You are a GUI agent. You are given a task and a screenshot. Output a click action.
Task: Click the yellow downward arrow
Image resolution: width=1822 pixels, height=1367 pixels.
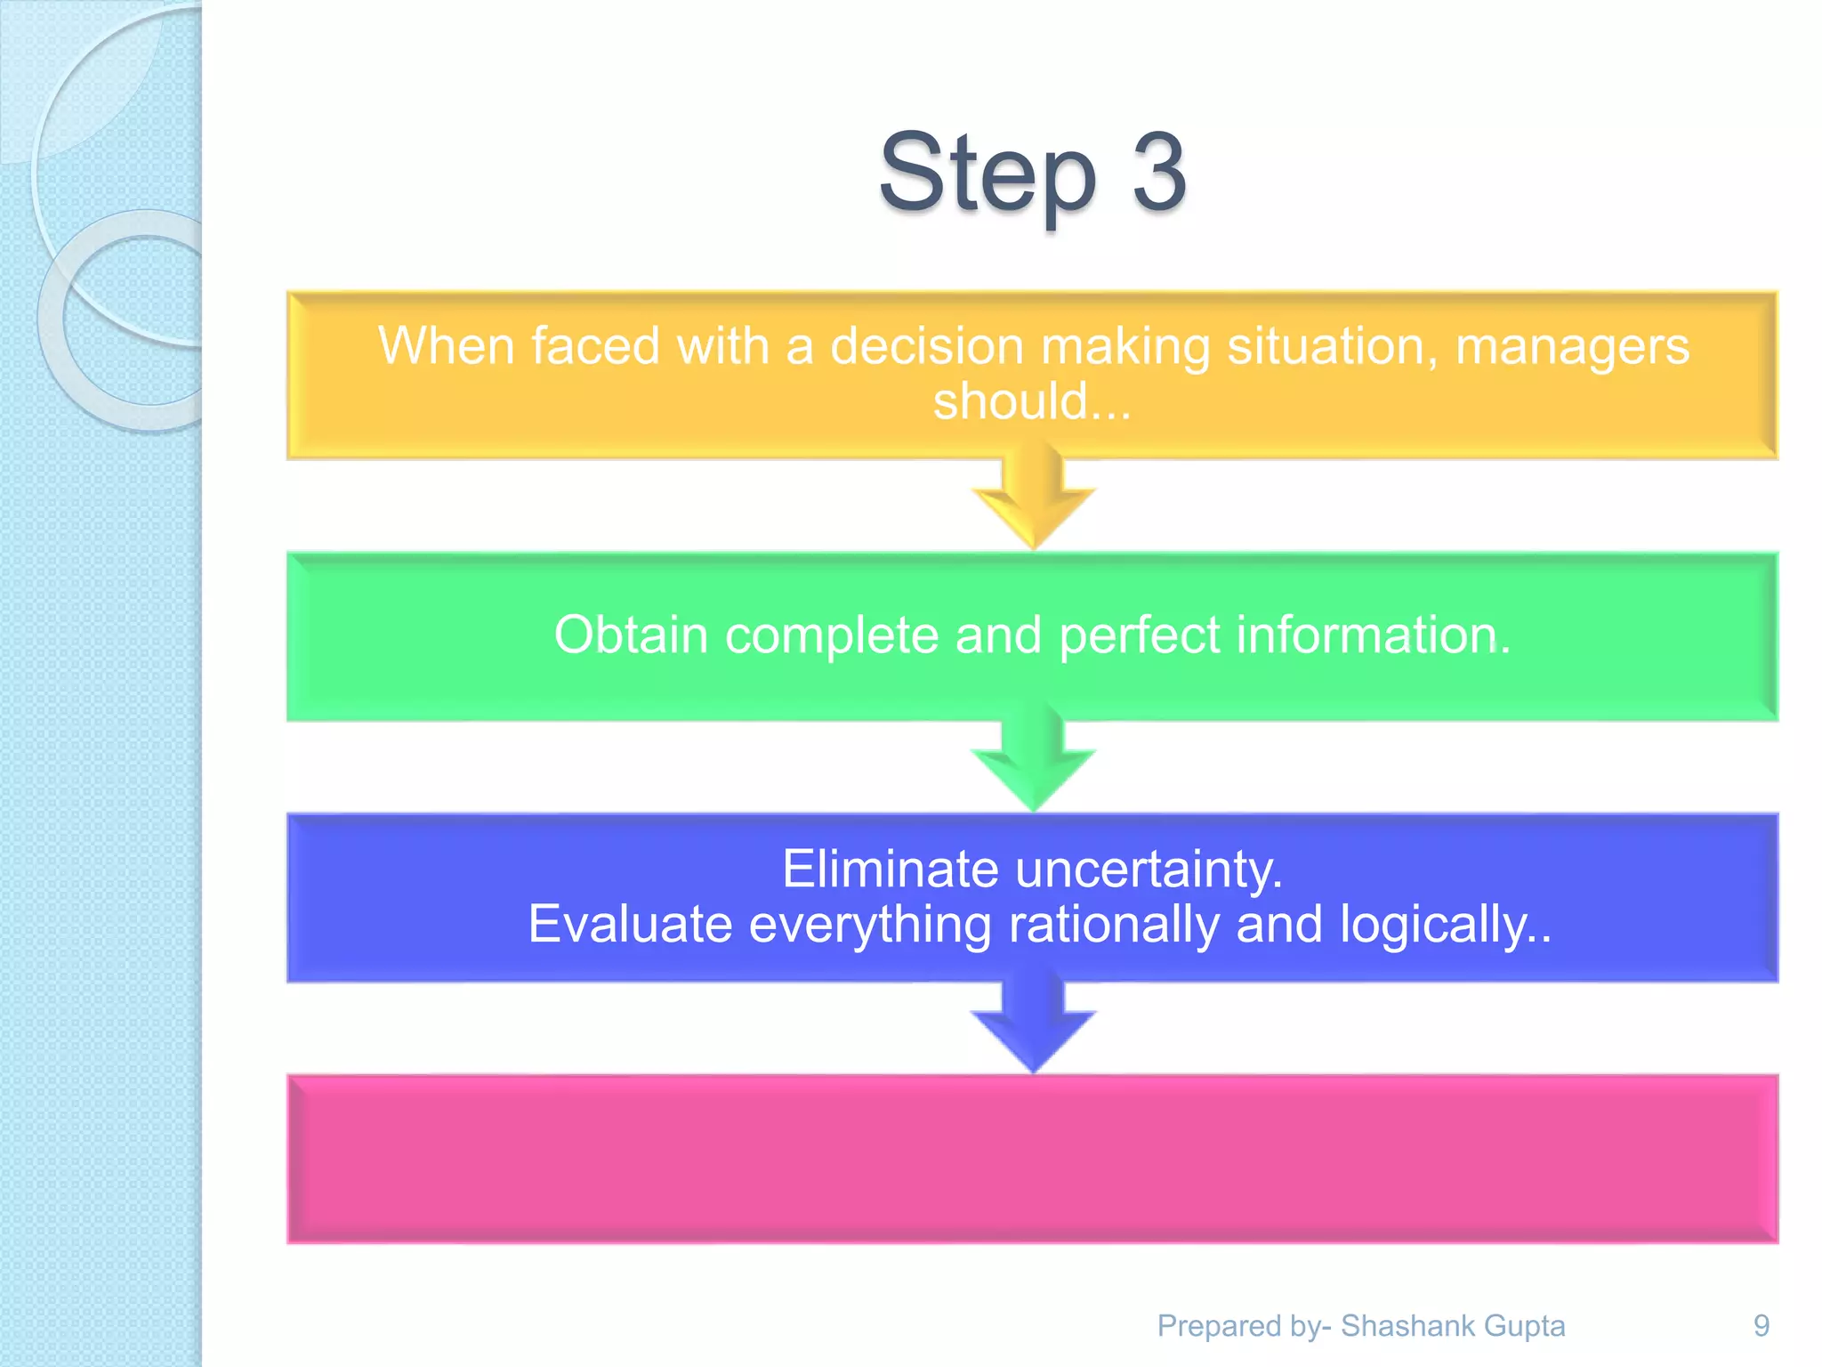(x=1033, y=504)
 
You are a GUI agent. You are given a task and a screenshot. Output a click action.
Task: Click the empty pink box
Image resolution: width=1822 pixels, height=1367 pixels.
(x=1032, y=1159)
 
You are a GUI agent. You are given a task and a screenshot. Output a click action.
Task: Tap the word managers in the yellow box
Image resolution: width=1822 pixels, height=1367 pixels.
(x=1572, y=346)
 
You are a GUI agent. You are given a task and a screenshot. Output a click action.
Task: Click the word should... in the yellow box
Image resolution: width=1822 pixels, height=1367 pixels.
(x=1032, y=401)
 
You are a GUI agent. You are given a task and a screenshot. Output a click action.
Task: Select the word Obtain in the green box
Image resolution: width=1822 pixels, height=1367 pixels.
(x=631, y=635)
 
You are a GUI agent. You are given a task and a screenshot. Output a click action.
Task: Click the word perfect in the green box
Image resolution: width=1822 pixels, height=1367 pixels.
(x=1140, y=635)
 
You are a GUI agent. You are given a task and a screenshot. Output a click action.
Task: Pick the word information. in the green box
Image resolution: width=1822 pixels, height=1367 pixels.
(x=1374, y=635)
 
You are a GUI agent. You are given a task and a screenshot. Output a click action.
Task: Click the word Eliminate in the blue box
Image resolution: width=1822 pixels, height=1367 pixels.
(x=890, y=869)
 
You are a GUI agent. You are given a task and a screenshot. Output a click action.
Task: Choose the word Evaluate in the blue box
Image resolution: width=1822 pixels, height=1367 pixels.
(x=630, y=924)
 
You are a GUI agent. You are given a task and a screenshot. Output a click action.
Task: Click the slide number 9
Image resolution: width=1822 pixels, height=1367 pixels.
(x=1761, y=1326)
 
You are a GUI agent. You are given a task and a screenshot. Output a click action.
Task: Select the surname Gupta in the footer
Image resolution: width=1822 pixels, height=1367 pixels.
(x=1525, y=1326)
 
